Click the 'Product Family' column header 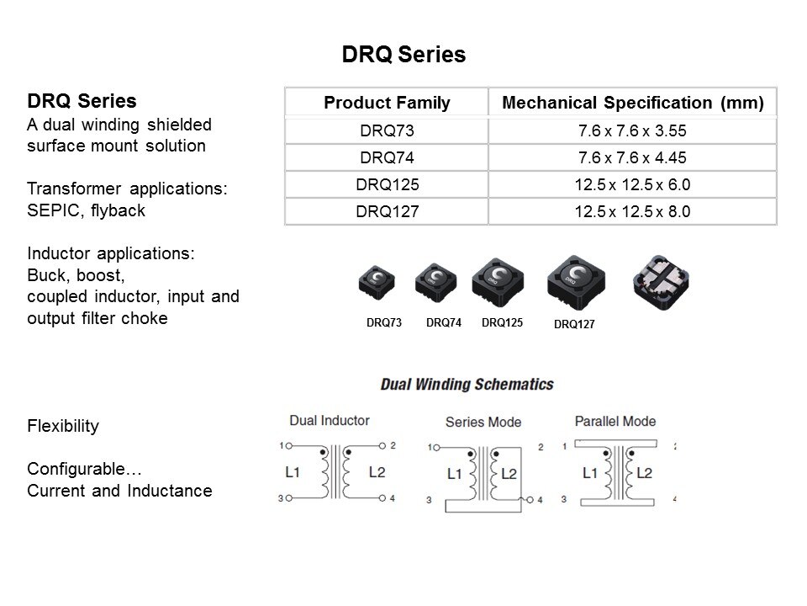click(x=387, y=103)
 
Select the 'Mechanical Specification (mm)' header click(x=632, y=103)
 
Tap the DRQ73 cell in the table click(x=387, y=130)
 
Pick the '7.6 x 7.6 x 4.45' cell click(x=632, y=157)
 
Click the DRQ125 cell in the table click(x=387, y=184)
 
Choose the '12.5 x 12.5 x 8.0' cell click(x=632, y=211)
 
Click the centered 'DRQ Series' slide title click(x=403, y=54)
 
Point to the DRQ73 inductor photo click(x=377, y=283)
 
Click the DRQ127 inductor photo click(x=576, y=283)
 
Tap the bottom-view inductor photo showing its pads click(x=661, y=283)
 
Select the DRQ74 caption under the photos click(x=444, y=322)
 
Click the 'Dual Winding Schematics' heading click(x=467, y=385)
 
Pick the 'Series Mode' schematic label click(x=483, y=422)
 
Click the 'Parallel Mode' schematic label click(x=615, y=421)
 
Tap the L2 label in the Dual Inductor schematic click(x=377, y=472)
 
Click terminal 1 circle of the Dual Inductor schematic click(x=288, y=446)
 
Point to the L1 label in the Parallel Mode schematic click(x=590, y=472)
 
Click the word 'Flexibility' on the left click(x=63, y=426)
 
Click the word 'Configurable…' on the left click(x=84, y=469)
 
